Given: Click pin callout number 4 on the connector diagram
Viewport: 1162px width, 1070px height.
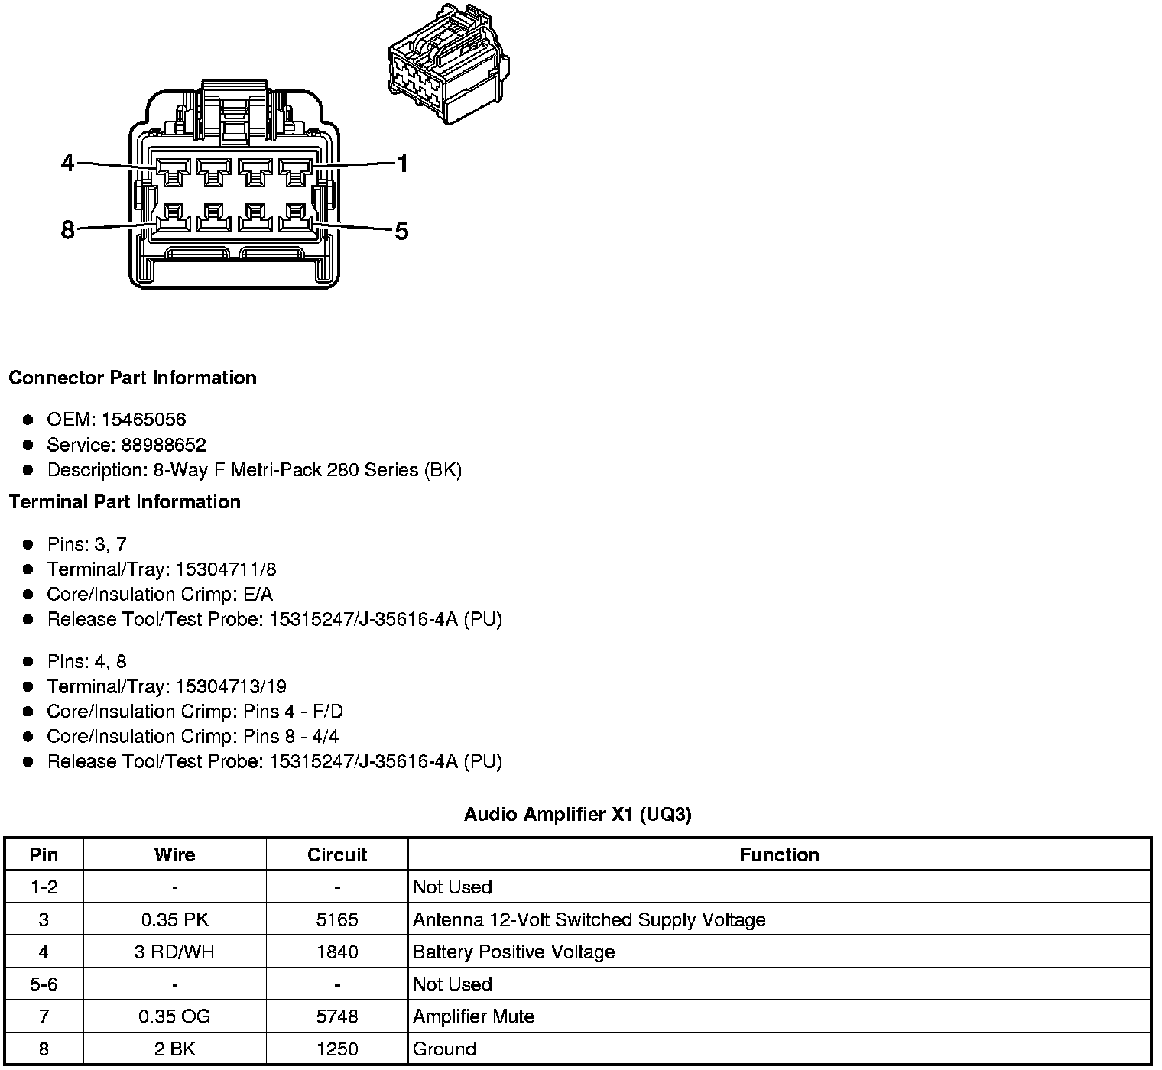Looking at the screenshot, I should pyautogui.click(x=68, y=163).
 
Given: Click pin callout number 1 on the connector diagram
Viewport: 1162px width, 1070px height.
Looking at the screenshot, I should pyautogui.click(x=402, y=164).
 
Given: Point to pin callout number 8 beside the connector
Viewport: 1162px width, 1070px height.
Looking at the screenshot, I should pyautogui.click(x=68, y=229).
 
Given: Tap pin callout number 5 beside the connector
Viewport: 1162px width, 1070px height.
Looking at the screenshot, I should pyautogui.click(x=402, y=230).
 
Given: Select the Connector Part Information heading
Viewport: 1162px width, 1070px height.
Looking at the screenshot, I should pyautogui.click(x=132, y=378).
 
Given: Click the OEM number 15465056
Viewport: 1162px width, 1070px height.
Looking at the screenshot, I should pyautogui.click(x=144, y=420).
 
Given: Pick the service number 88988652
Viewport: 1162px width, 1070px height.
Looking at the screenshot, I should pyautogui.click(x=164, y=445).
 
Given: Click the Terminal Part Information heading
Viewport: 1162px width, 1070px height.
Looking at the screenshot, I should pyautogui.click(x=125, y=502).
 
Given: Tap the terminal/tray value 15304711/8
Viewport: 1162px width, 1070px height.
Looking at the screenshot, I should pyautogui.click(x=226, y=569).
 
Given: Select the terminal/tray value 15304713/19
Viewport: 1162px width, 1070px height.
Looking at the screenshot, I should pyautogui.click(x=231, y=686).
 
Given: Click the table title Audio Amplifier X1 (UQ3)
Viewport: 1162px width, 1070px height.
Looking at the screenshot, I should pyautogui.click(x=577, y=815).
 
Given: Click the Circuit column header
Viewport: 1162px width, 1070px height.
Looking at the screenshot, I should pyautogui.click(x=337, y=855).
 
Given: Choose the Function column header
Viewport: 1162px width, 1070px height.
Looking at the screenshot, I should pyautogui.click(x=779, y=855).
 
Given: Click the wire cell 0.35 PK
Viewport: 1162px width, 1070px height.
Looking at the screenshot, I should pyautogui.click(x=174, y=919).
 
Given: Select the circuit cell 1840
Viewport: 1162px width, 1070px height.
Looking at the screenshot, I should pyautogui.click(x=337, y=952).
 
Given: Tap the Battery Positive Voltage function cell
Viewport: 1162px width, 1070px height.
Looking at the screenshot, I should pyautogui.click(x=514, y=952).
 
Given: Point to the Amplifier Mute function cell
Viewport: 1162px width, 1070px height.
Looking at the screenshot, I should pyautogui.click(x=473, y=1017).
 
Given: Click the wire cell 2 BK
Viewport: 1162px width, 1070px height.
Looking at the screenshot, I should pyautogui.click(x=174, y=1049).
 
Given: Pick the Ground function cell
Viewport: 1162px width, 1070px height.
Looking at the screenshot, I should pyautogui.click(x=444, y=1049).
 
